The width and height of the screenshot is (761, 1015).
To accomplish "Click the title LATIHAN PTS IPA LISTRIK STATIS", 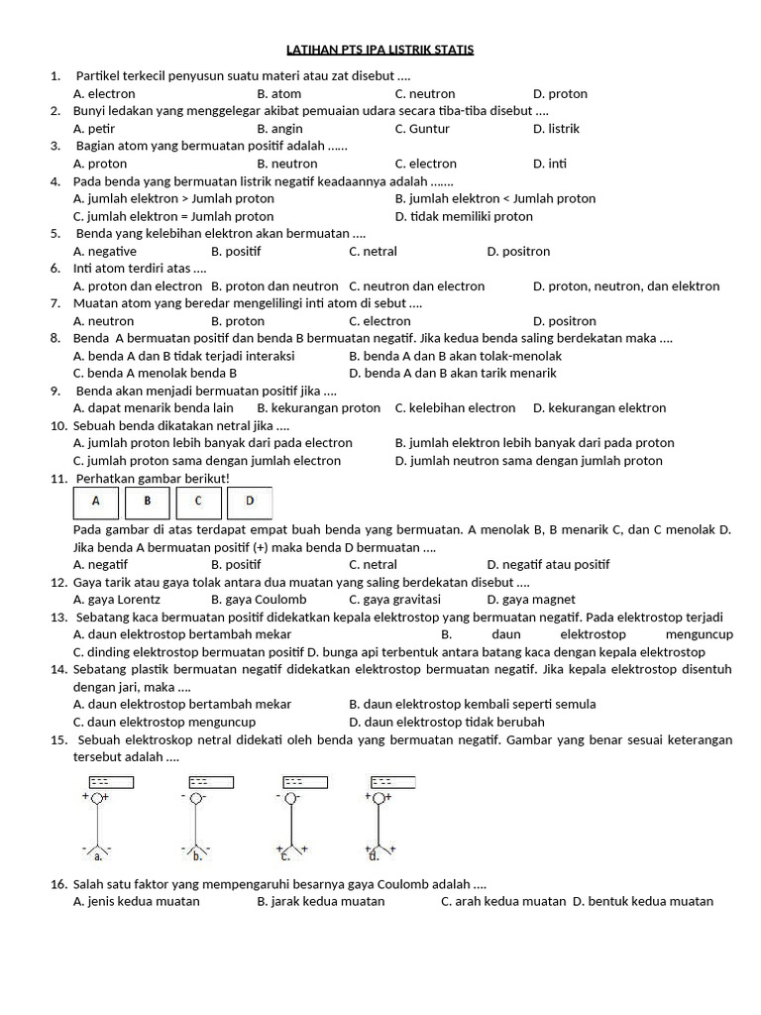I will pos(380,49).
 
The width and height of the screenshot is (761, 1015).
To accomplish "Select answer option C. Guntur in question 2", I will pos(422,129).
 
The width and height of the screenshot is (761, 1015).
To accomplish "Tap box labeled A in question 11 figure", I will pos(96,502).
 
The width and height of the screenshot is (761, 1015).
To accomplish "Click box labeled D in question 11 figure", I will pos(250,502).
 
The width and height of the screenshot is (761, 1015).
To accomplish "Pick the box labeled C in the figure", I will pos(198,502).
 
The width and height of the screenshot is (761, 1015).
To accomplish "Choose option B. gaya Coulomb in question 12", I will pos(259,600).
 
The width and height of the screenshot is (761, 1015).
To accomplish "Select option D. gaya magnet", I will pos(531,600).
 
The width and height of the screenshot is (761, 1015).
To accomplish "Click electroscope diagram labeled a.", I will pos(97,818).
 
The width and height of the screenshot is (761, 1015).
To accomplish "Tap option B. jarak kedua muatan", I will pos(321,902).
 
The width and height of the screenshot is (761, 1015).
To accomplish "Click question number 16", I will pos(57,884).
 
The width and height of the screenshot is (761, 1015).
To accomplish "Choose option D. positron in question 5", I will pos(518,252).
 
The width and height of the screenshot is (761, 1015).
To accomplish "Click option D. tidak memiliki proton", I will pos(464,216).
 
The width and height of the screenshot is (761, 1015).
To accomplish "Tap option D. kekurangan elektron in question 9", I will pos(599,408).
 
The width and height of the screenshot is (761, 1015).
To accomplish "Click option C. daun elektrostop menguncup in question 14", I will pos(164,722).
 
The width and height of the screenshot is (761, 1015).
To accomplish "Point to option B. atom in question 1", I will pos(279,94).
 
